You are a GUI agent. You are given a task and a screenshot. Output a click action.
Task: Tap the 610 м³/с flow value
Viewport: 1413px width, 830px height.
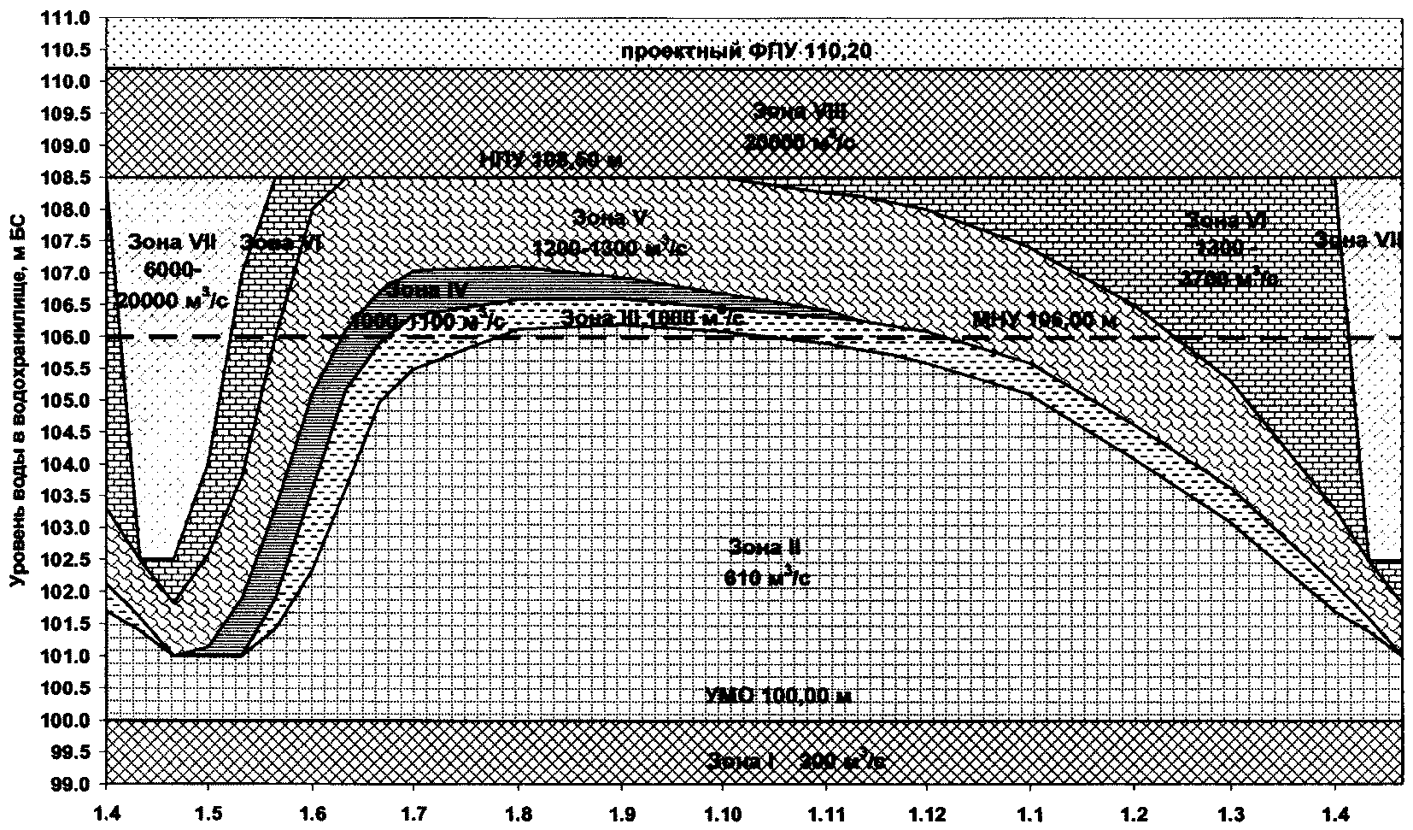point(766,578)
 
